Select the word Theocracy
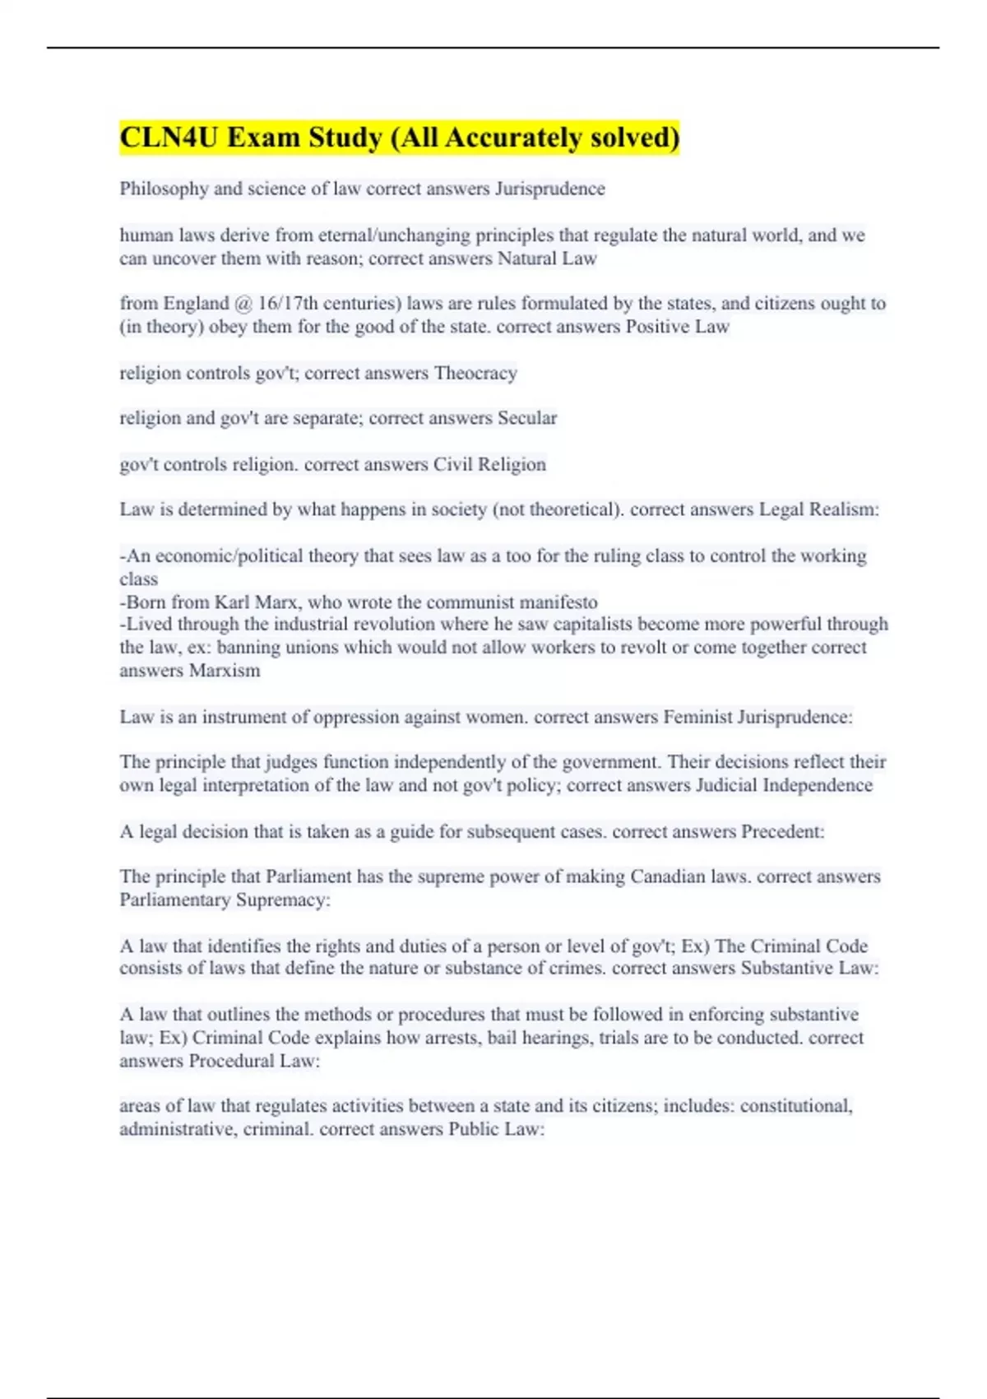click(x=475, y=374)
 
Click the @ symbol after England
click(x=243, y=304)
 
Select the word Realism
click(x=844, y=509)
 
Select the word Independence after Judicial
click(x=818, y=785)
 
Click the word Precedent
click(x=782, y=831)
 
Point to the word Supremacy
click(x=283, y=900)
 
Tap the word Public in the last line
click(x=473, y=1129)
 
